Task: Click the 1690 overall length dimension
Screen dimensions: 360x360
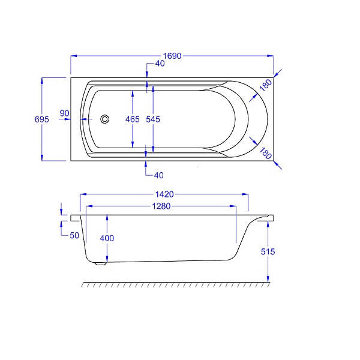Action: [x=172, y=56]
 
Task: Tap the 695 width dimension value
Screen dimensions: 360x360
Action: [x=42, y=119]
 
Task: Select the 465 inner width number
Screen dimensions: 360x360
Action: [x=133, y=119]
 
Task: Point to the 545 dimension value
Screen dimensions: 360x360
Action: [x=153, y=119]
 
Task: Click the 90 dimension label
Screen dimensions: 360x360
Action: [x=64, y=113]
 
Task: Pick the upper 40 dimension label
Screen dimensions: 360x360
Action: [x=160, y=64]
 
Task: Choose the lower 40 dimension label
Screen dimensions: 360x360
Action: [x=158, y=175]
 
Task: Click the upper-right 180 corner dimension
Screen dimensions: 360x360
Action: [x=266, y=85]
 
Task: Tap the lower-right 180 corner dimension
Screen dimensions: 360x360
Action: [x=266, y=154]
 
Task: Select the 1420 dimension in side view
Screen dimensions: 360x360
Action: [x=164, y=194]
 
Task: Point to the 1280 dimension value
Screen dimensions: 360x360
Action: [x=161, y=206]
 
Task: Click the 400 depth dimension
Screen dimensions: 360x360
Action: [x=107, y=238]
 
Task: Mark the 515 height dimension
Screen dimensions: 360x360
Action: [x=268, y=251]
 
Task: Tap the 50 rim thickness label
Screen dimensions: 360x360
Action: [x=74, y=235]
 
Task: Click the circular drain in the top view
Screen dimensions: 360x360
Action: [x=104, y=119]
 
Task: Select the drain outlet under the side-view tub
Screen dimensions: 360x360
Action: [x=101, y=263]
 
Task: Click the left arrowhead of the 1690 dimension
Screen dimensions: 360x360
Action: [x=73, y=56]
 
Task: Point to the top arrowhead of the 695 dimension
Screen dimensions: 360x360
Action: [x=42, y=80]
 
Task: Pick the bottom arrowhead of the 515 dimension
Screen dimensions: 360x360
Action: [x=268, y=279]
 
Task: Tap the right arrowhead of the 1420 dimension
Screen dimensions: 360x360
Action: [x=245, y=194]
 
